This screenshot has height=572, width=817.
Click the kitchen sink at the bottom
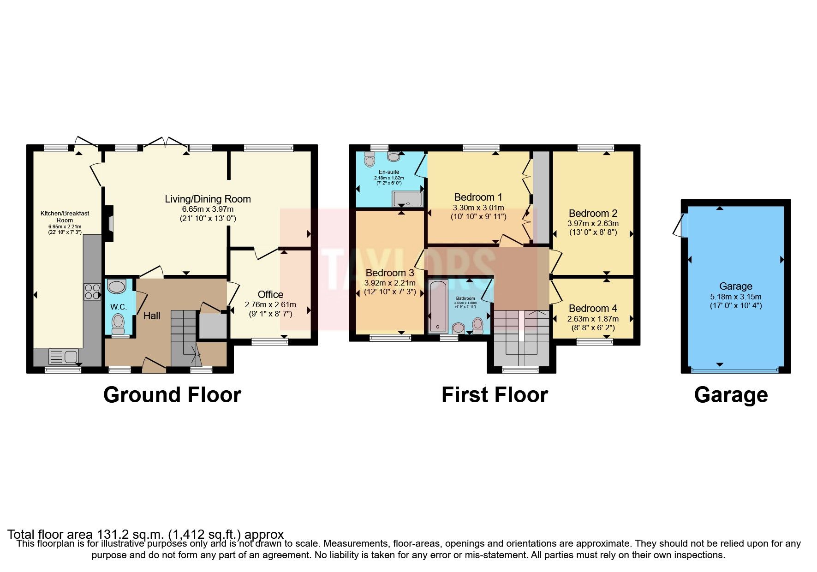pos(64,357)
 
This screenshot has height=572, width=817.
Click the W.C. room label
pos(119,307)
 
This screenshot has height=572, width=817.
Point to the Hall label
pos(152,316)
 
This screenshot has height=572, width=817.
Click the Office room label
pos(270,294)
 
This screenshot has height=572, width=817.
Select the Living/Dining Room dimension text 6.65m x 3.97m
pos(208,209)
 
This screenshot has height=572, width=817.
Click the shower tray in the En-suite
pos(407,199)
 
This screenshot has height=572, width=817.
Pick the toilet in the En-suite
pos(370,160)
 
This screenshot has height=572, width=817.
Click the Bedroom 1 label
pos(478,197)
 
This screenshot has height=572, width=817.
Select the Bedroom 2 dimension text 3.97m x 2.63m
pos(593,223)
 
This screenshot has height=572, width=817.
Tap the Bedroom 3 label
pos(390,273)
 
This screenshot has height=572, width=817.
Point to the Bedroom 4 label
pos(593,308)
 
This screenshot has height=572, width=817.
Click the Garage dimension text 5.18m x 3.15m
pos(735,297)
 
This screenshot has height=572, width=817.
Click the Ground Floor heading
pos(172,395)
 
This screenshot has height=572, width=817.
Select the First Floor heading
pos(495,395)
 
